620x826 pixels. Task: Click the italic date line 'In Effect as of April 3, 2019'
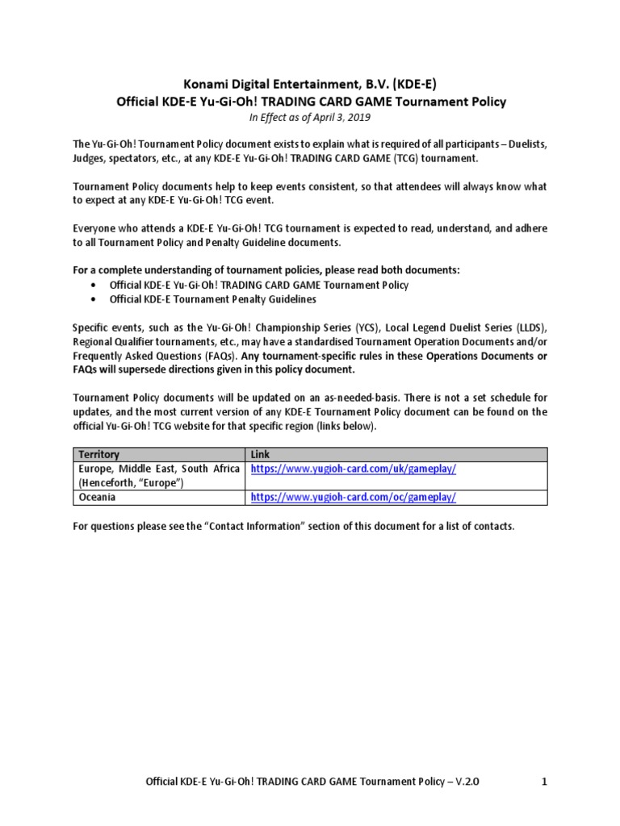click(x=309, y=116)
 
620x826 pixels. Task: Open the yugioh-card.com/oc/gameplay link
click(x=354, y=498)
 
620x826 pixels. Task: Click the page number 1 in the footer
click(x=544, y=782)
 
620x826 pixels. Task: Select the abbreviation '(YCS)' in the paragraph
click(x=366, y=328)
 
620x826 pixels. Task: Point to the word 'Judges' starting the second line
click(x=89, y=158)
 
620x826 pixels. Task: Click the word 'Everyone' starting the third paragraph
click(x=96, y=228)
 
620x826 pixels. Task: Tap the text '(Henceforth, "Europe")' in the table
click(x=129, y=482)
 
